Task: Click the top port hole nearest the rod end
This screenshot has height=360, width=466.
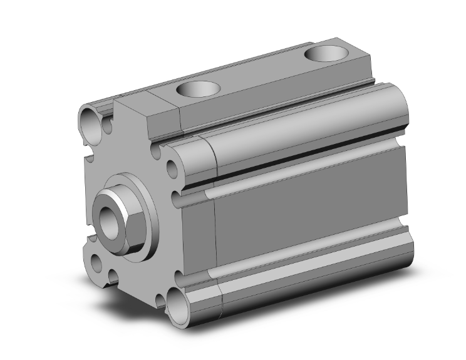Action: tap(197, 90)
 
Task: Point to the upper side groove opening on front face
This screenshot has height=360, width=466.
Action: tap(177, 199)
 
